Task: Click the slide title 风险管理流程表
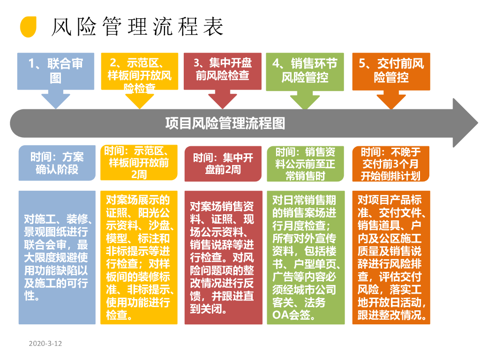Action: click(x=137, y=27)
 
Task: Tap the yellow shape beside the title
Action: click(x=28, y=27)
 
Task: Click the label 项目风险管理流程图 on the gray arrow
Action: click(x=225, y=123)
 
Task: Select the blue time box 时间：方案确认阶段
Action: click(x=57, y=163)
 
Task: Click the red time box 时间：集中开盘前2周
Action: click(x=223, y=163)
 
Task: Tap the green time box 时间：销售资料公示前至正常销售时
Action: click(x=305, y=163)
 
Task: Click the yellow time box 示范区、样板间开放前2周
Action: click(x=139, y=163)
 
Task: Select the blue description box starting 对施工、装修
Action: click(x=57, y=257)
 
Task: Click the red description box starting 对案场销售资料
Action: click(x=223, y=257)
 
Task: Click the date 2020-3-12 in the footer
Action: click(x=45, y=344)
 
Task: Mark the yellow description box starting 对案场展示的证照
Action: click(x=139, y=257)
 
